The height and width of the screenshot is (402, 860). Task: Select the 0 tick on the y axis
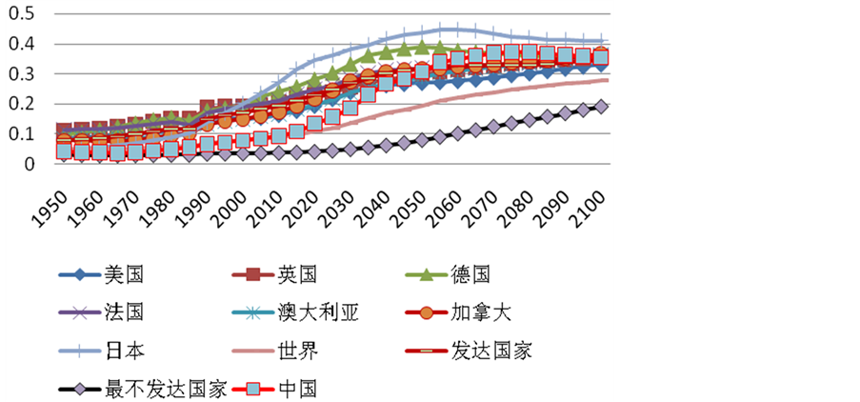(x=28, y=164)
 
